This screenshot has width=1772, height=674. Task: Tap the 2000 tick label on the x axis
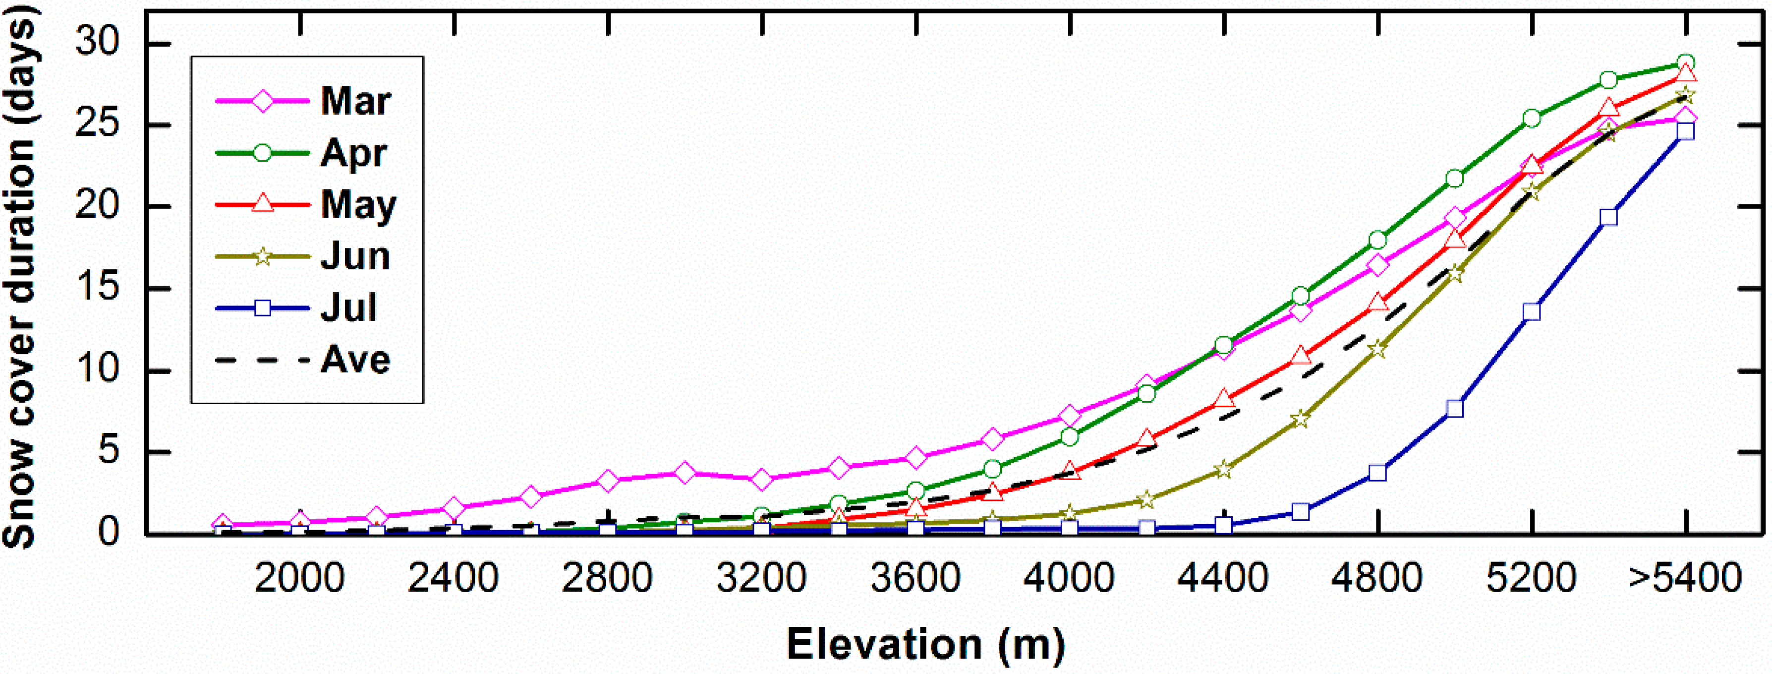point(299,578)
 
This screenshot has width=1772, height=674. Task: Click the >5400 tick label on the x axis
point(1685,578)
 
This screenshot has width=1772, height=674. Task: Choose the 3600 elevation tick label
point(915,578)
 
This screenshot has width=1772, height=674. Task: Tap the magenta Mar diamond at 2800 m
point(607,481)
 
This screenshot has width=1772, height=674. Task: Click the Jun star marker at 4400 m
point(1223,470)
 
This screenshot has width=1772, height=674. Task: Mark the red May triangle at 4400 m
point(1223,399)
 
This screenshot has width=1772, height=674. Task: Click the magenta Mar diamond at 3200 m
point(761,479)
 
